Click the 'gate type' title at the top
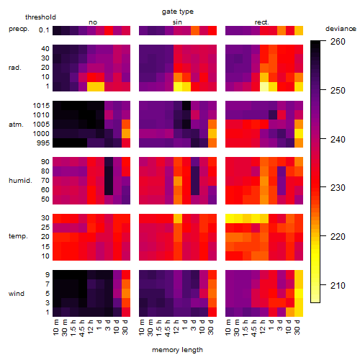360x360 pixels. click(178, 12)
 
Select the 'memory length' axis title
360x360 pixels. click(177, 350)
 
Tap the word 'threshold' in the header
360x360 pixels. click(40, 17)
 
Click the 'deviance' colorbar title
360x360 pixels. click(341, 29)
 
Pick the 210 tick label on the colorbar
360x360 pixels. click(338, 286)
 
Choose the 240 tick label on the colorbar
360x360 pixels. click(338, 139)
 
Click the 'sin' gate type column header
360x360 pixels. click(177, 22)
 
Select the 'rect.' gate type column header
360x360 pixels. click(262, 22)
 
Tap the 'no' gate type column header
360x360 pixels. click(93, 22)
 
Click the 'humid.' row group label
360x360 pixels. click(20, 181)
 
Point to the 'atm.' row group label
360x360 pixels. click(16, 125)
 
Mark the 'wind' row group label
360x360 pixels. click(17, 294)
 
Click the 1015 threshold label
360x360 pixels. click(41, 106)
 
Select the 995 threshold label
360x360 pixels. click(43, 143)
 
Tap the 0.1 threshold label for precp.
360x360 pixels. click(44, 30)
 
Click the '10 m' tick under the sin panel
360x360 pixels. click(142, 327)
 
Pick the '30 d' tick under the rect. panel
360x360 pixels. click(297, 327)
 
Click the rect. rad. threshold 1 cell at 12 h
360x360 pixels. click(264, 86)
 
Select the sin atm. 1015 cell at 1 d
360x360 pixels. click(186, 105)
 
